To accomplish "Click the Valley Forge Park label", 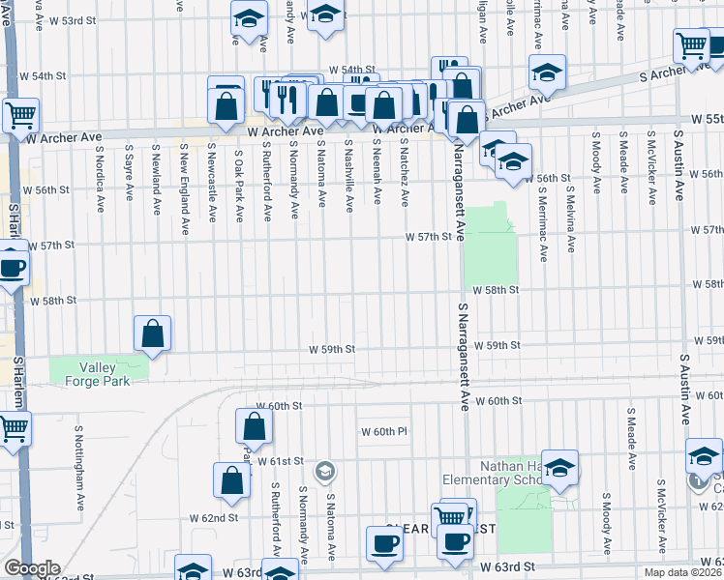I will pos(97,373).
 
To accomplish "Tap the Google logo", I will pos(31,568).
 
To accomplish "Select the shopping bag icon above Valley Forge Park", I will pos(153,333).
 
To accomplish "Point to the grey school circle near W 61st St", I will pos(326,471).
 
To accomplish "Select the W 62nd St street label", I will pos(214,518).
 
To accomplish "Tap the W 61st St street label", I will pos(282,462).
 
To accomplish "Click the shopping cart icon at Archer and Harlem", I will pos(20,116).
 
